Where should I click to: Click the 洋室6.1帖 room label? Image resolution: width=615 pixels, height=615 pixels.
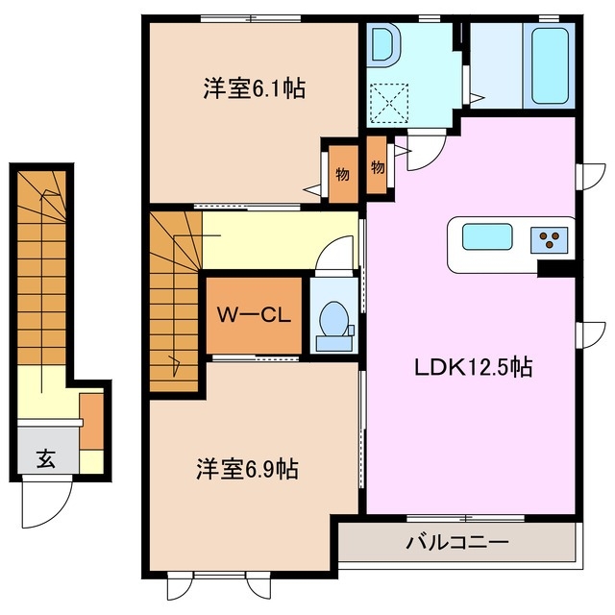click(x=254, y=89)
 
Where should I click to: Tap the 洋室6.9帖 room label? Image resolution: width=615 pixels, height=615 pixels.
click(x=247, y=470)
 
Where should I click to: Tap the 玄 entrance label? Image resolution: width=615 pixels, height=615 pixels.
click(x=45, y=458)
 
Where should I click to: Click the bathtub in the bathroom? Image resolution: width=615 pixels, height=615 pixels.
click(x=549, y=65)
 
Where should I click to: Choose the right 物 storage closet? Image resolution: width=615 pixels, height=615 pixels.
click(x=378, y=167)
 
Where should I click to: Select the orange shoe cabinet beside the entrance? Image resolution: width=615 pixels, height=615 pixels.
click(x=90, y=420)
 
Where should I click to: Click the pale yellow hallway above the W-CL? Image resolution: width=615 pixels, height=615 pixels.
click(x=279, y=240)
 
